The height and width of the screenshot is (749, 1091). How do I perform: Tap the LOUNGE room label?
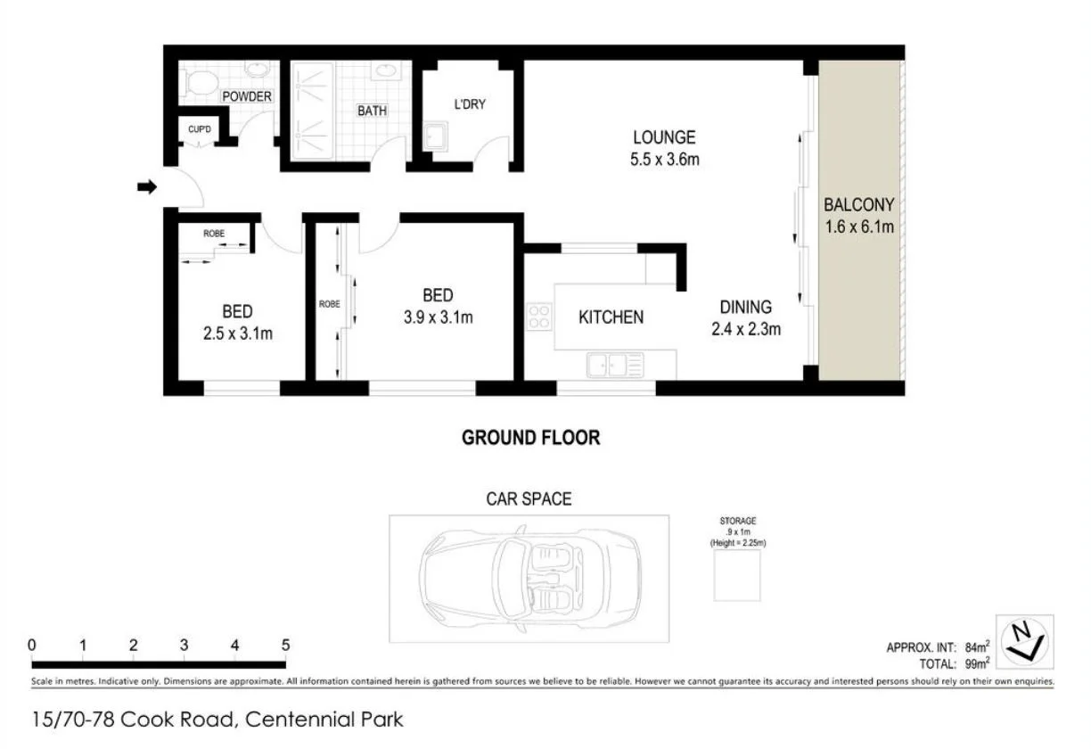tap(663, 137)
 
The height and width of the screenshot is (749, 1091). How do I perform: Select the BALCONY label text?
tap(858, 205)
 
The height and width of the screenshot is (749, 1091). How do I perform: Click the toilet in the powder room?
tap(202, 83)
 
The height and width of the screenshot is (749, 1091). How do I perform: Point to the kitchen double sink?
tap(615, 364)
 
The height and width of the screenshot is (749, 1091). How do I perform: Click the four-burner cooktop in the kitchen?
tap(539, 317)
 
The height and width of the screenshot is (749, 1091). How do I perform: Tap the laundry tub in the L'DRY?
tap(436, 137)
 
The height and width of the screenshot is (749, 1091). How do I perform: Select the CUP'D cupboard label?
tap(200, 130)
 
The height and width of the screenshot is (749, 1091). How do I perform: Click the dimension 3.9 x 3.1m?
tap(437, 317)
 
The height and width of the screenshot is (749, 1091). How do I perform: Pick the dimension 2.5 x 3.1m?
tap(236, 334)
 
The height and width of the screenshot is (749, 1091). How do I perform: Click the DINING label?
tap(745, 308)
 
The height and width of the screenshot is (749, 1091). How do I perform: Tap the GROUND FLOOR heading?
tap(530, 438)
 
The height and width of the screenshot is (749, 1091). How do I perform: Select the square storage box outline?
tap(737, 575)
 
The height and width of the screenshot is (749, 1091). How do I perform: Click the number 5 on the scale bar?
tap(285, 646)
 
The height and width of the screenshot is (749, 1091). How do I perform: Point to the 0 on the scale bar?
tap(32, 646)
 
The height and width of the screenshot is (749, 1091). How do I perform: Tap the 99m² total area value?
tap(976, 663)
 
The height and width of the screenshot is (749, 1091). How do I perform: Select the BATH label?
tap(372, 111)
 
